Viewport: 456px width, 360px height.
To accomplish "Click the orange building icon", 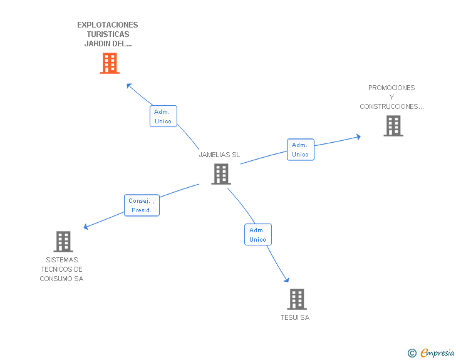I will click(110, 63).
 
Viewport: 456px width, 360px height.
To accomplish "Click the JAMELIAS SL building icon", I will click(221, 174).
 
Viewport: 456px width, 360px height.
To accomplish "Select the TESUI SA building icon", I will click(297, 299).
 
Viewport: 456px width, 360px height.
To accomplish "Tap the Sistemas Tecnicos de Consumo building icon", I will click(63, 242).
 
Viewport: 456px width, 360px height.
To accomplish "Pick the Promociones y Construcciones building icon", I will click(393, 126).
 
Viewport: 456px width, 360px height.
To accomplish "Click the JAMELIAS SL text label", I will click(219, 155).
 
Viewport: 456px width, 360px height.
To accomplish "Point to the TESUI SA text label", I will click(295, 317).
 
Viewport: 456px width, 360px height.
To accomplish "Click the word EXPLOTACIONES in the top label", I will click(108, 25).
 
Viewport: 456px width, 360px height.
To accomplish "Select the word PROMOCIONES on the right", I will click(391, 88).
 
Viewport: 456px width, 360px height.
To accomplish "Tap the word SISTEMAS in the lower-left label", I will click(62, 260).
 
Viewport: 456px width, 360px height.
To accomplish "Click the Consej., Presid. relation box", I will click(141, 205).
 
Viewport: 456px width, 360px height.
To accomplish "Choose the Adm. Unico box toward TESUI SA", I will click(257, 235).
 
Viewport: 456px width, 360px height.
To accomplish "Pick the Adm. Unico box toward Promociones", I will click(300, 150).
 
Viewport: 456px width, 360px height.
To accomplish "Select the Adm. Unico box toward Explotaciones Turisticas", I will click(163, 116).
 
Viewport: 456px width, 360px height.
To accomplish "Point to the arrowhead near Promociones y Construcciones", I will click(358, 136).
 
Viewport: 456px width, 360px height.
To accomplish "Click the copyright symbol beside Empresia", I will click(412, 353).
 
